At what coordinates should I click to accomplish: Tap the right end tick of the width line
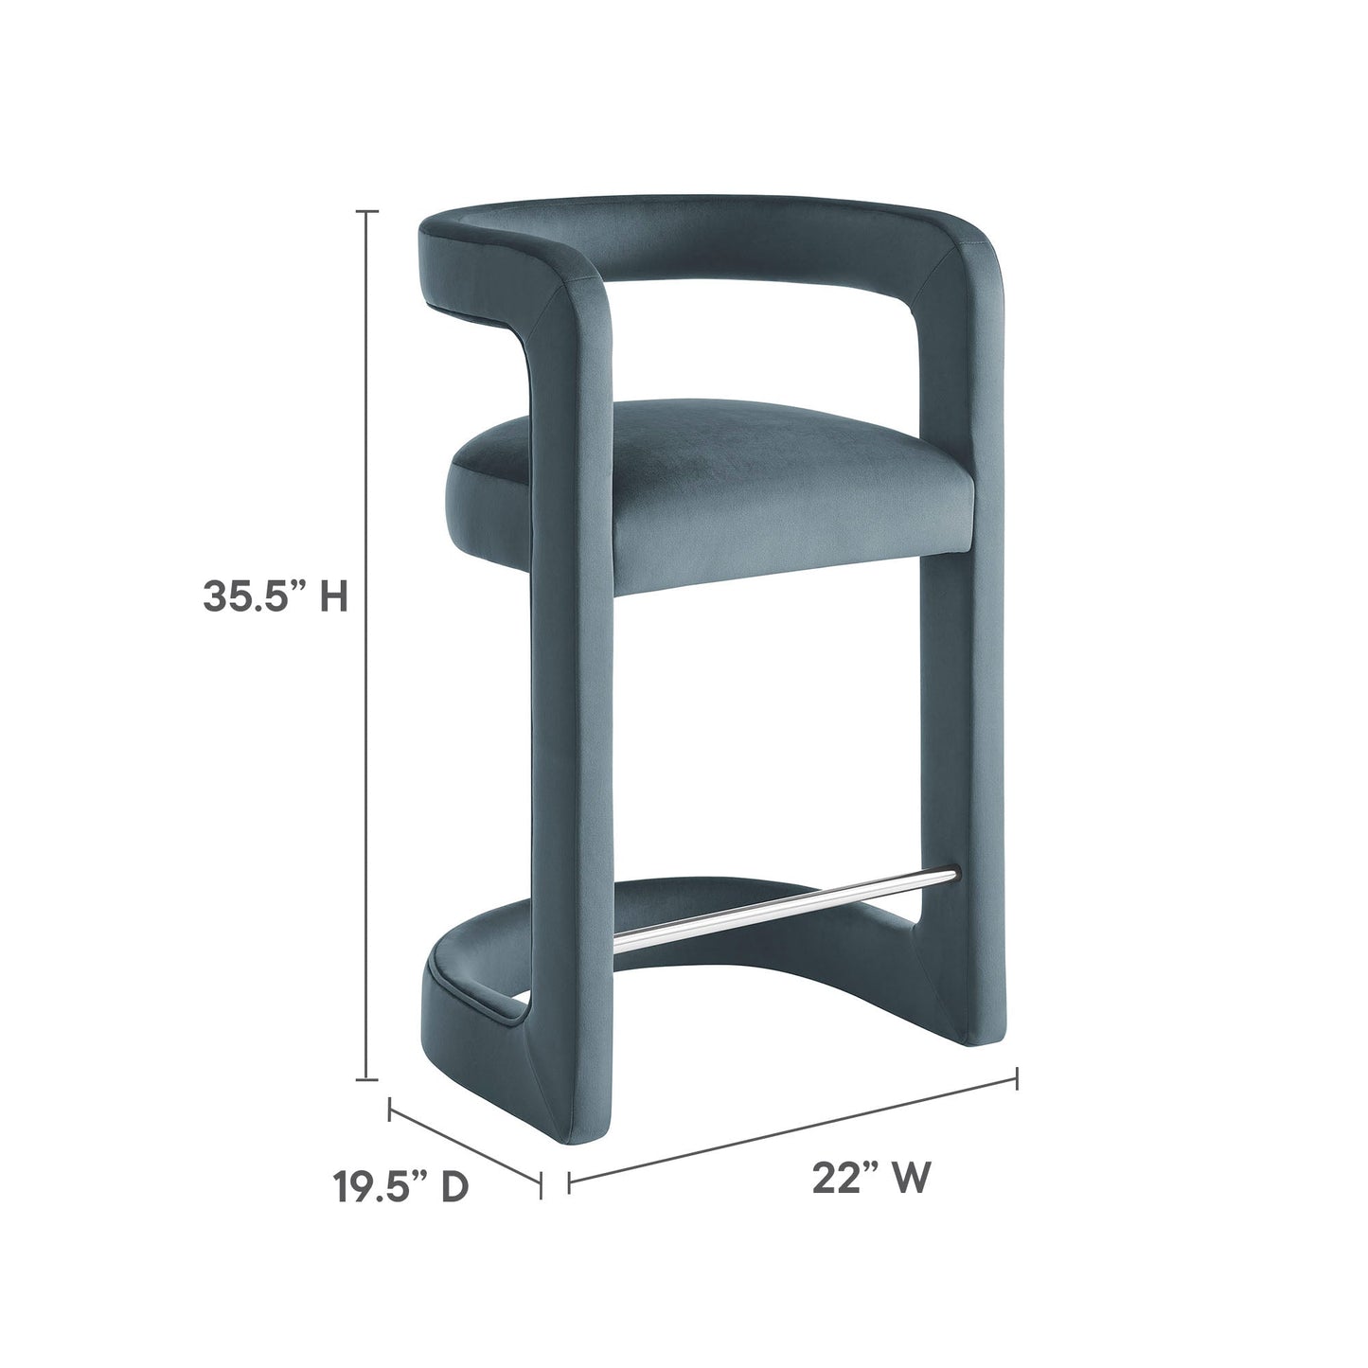(x=1017, y=1075)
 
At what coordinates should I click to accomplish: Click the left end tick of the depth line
(x=391, y=1108)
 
